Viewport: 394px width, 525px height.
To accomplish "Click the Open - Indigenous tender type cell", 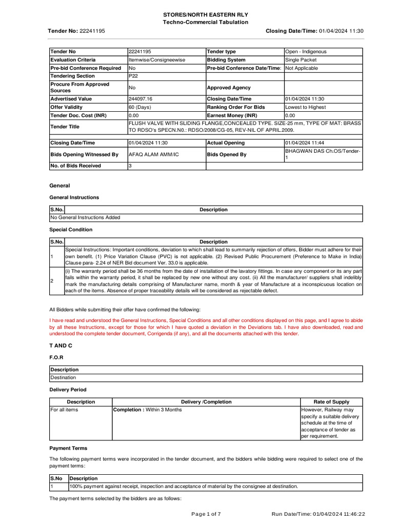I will [x=306, y=52].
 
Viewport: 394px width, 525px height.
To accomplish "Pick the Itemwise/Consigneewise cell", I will [x=156, y=60].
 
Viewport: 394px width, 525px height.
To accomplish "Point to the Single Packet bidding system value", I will [x=302, y=60].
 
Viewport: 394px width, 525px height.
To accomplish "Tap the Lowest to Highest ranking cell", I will [x=306, y=107].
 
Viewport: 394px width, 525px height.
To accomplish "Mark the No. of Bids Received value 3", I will [x=130, y=166].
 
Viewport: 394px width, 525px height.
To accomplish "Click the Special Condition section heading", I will [x=71, y=230].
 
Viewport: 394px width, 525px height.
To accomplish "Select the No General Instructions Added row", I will [x=85, y=217].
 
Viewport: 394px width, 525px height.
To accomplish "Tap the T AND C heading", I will [x=60, y=347].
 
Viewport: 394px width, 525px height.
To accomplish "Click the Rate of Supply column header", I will [x=331, y=402].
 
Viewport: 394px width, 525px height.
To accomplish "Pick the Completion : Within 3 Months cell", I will [x=147, y=410].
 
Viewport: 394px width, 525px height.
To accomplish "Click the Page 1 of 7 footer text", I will [x=206, y=514].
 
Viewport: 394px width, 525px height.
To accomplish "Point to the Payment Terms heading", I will [x=68, y=448].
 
